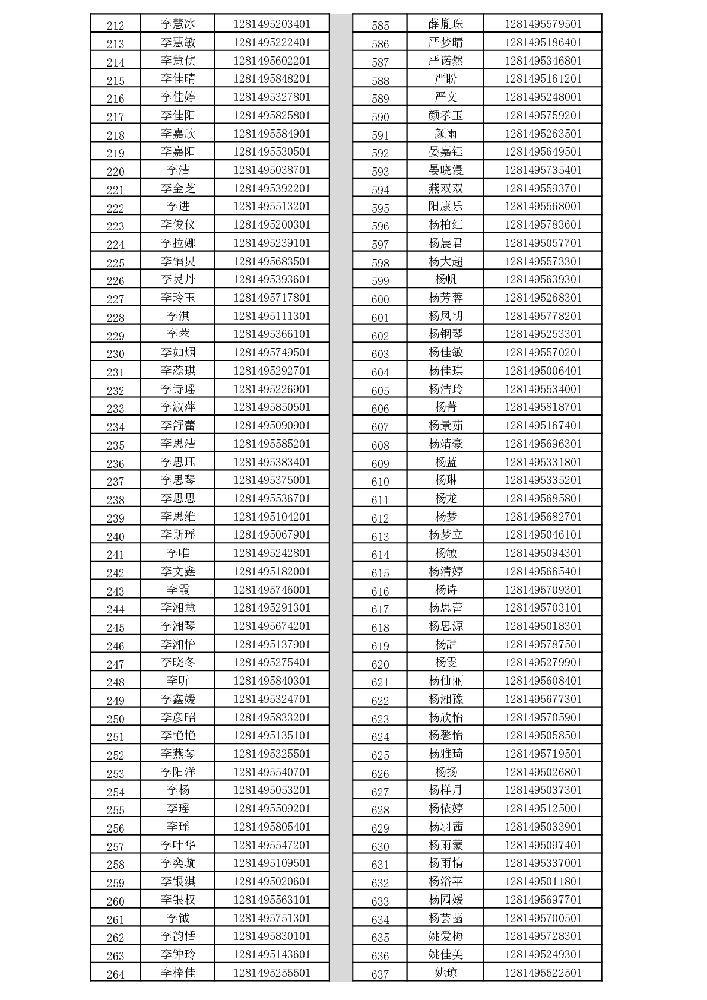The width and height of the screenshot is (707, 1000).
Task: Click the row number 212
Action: [115, 26]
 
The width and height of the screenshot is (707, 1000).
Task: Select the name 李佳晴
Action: [177, 78]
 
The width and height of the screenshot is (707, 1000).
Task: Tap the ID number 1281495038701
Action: [272, 170]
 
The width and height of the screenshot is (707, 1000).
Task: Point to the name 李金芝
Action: [177, 188]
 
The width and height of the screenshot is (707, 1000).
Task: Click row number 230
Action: [115, 354]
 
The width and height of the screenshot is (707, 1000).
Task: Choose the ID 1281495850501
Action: [272, 407]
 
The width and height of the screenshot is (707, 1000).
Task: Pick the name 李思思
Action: [177, 498]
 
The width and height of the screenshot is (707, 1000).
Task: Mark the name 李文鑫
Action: [177, 571]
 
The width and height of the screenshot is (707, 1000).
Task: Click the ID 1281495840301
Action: [272, 681]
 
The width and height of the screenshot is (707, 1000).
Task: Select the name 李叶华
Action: [177, 845]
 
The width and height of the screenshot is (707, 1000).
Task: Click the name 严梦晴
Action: [445, 42]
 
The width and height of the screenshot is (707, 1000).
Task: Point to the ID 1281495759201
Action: [543, 115]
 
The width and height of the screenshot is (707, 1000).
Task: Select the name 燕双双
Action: [445, 188]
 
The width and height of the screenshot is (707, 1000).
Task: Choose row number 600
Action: [380, 299]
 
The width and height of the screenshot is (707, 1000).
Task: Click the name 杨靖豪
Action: [445, 444]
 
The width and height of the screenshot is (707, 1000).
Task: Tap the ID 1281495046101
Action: [543, 534]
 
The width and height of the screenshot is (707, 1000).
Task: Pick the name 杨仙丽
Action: [445, 681]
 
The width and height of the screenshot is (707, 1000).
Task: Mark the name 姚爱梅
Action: [445, 936]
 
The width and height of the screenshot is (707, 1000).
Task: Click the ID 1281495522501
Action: [543, 973]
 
